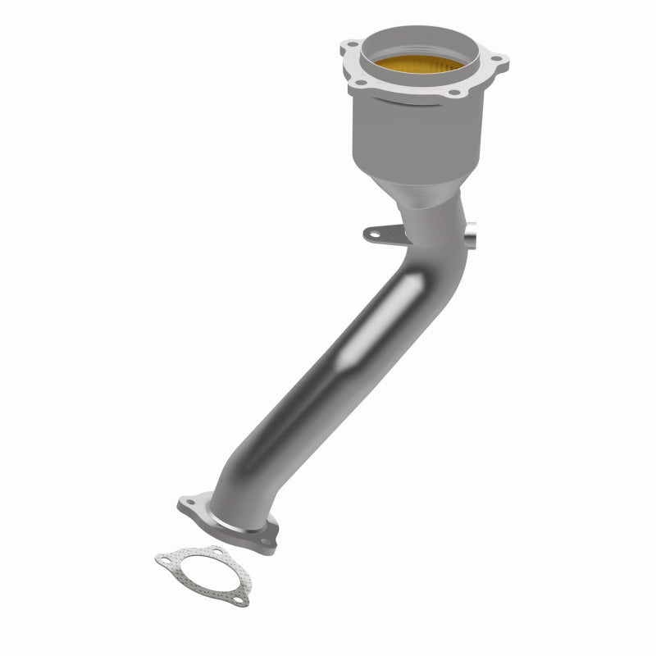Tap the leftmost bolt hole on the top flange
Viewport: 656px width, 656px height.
(x=351, y=46)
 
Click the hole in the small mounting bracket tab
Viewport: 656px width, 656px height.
(x=375, y=235)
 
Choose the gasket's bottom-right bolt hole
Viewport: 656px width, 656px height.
(x=235, y=601)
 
